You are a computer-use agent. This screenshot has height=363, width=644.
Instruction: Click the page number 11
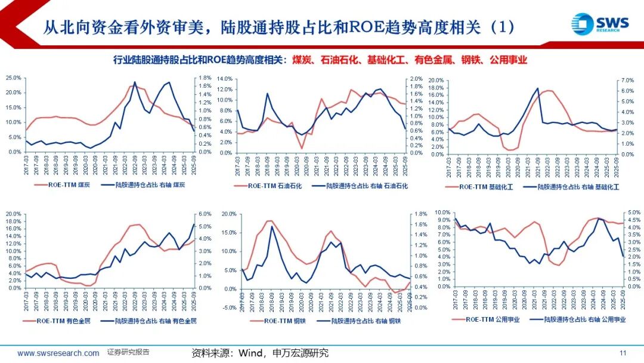point(624,352)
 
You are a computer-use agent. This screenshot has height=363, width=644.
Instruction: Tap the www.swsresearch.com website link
point(58,353)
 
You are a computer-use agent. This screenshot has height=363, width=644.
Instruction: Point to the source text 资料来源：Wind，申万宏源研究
point(260,353)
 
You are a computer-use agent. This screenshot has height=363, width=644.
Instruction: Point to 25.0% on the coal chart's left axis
point(13,78)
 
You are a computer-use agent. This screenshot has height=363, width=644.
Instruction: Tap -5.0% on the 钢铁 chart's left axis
point(228,307)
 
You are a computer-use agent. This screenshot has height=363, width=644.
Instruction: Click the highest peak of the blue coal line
point(135,82)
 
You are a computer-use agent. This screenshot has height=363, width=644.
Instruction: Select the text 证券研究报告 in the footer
point(128,352)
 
